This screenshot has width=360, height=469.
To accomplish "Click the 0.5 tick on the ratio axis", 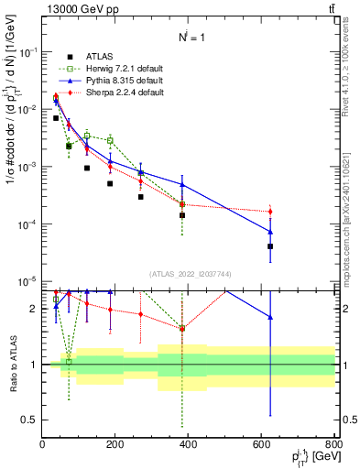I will coord(31,420).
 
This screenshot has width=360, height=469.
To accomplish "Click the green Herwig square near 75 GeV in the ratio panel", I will coord(69,362).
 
